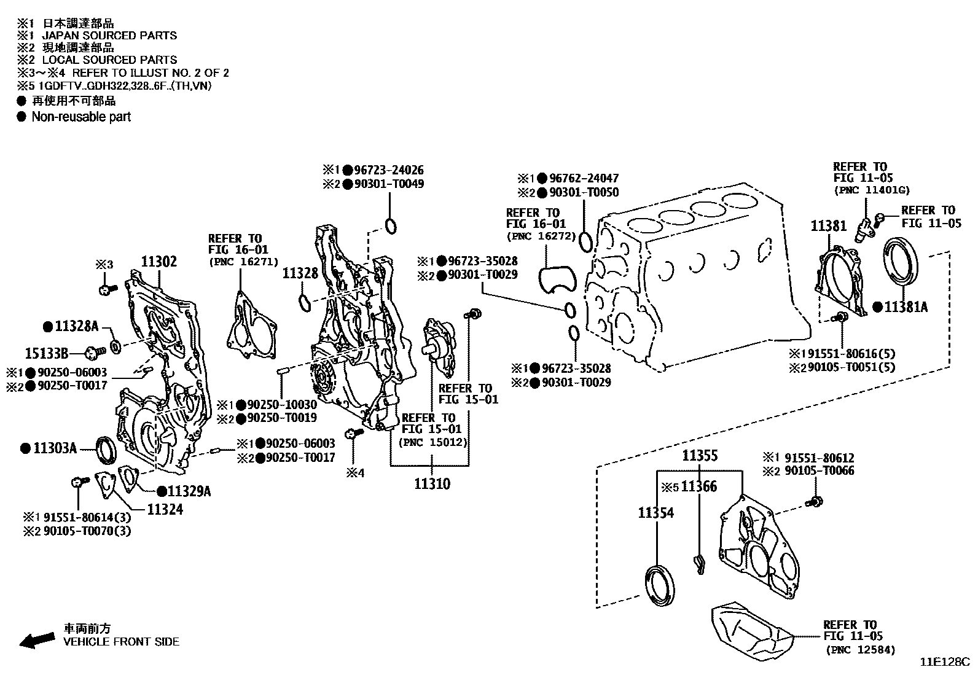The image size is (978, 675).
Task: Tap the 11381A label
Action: coord(906,306)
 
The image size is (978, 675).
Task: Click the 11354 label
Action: coord(655,512)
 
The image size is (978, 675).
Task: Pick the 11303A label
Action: coord(54,448)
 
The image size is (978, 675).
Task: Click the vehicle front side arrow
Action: coord(36,640)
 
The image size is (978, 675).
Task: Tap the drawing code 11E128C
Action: coord(944,662)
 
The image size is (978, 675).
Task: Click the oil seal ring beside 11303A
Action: coord(107,450)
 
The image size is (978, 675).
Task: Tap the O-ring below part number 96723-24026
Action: coord(389,225)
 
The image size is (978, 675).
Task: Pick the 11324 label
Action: coord(164,509)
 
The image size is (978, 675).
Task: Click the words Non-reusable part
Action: coord(81,117)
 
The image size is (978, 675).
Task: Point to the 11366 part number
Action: coord(699,486)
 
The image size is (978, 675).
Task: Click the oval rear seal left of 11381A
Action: coord(903,262)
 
